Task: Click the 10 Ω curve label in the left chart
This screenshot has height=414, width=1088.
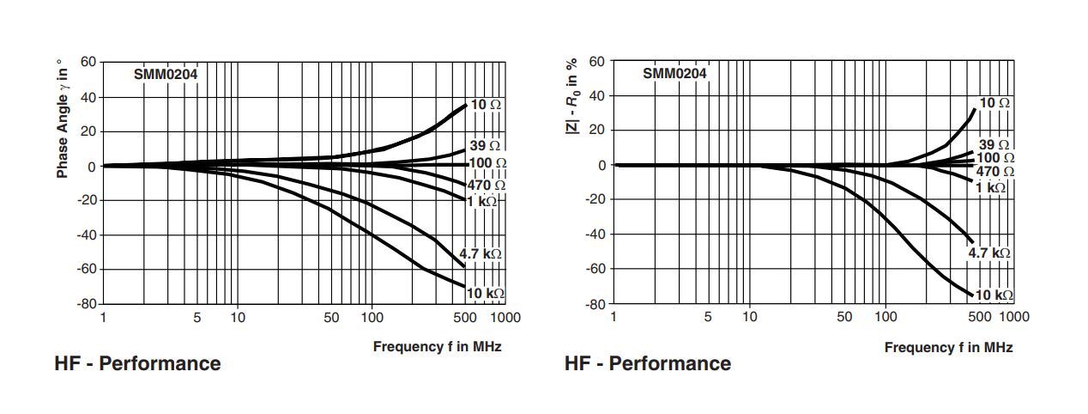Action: coord(486,105)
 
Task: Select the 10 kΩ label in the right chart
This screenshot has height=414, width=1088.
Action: coord(994,295)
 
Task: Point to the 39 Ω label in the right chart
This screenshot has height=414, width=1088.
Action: coord(994,145)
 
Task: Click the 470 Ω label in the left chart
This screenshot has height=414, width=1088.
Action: coord(487,185)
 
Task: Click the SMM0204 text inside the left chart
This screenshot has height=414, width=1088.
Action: coord(166,74)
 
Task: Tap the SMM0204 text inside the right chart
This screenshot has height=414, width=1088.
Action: coord(674,74)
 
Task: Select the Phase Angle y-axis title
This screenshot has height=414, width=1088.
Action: coord(62,119)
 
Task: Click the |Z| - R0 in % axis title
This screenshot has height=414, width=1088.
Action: coord(571,95)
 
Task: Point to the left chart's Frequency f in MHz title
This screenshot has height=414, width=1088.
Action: coord(437,346)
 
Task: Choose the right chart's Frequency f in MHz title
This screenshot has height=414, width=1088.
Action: coord(948,347)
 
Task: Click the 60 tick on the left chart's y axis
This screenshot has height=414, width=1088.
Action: coord(88,62)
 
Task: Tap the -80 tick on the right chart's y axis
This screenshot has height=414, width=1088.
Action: coord(595,303)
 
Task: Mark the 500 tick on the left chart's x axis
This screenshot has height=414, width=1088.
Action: coord(464,318)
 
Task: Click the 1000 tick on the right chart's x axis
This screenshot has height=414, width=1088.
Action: coord(1014,317)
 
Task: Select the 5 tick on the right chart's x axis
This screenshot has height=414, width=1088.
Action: coord(708,317)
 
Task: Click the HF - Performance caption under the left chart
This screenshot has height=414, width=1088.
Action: coord(137,363)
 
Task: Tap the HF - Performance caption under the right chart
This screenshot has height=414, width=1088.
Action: coord(648,363)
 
